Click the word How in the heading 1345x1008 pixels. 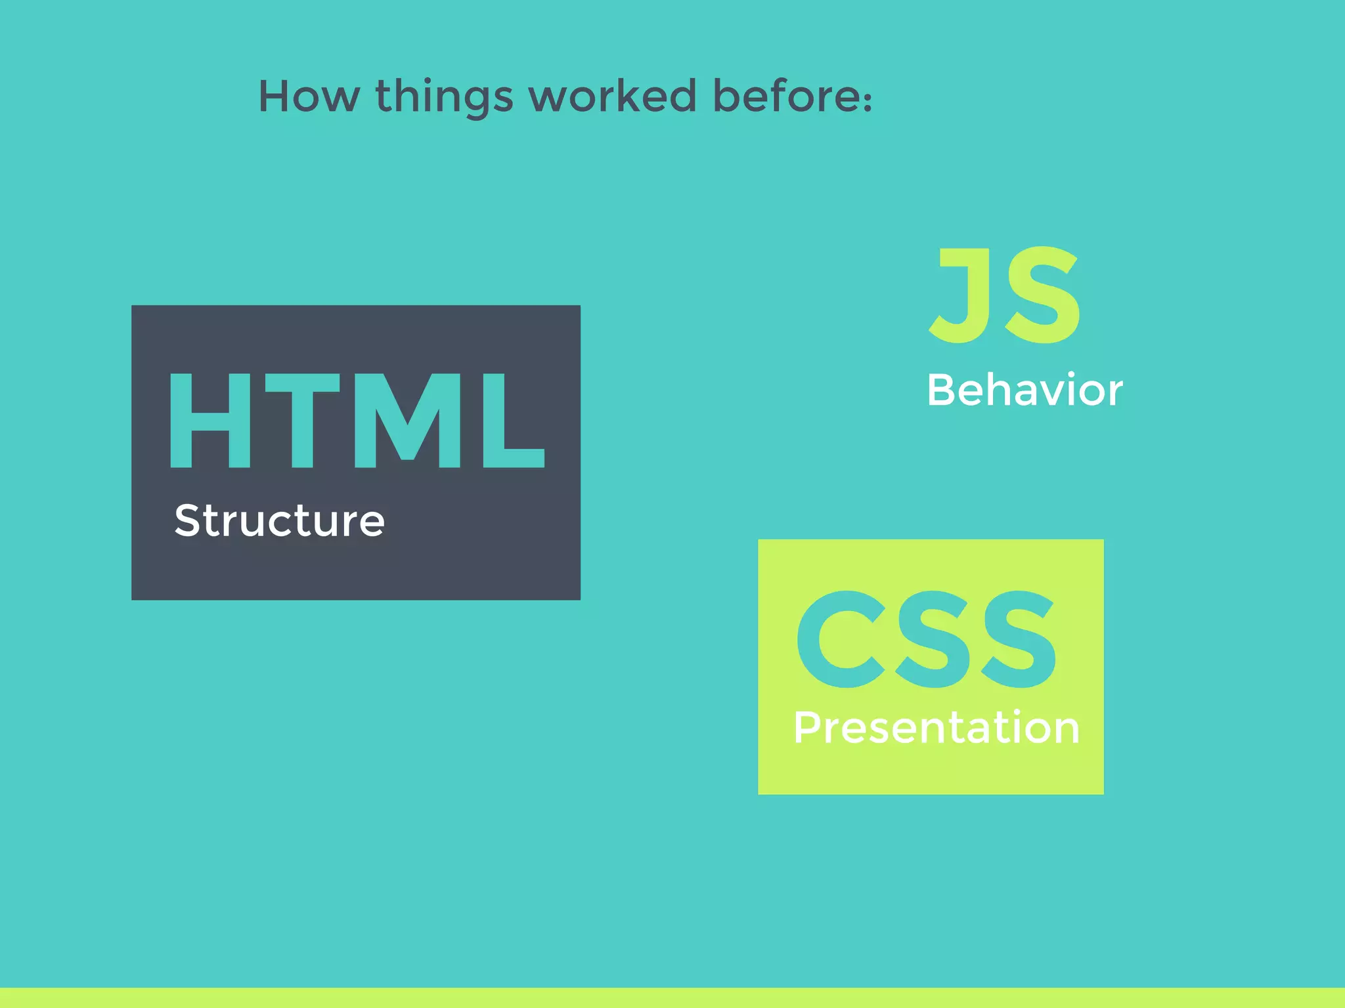(309, 96)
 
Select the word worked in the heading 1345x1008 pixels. (612, 96)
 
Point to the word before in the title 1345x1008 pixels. (785, 96)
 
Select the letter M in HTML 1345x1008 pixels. (408, 420)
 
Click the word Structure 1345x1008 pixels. (279, 521)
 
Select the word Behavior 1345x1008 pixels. (1025, 390)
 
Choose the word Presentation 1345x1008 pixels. (936, 728)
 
